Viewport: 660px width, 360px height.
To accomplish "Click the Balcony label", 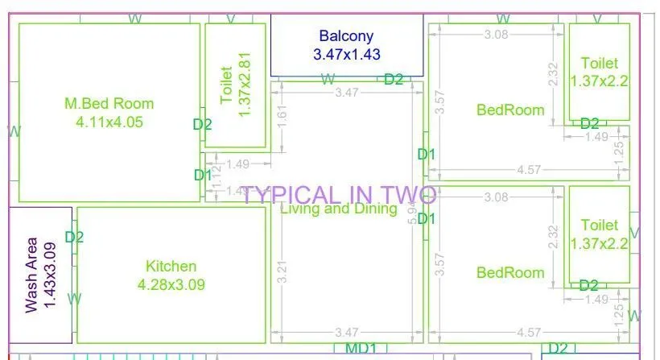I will coord(346,35).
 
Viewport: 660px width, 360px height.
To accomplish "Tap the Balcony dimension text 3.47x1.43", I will coord(346,55).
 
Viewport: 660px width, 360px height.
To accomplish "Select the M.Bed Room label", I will coord(109,103).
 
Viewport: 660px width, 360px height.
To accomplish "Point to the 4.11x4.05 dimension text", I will coord(109,122).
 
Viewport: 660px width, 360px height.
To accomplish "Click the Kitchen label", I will coord(171,266).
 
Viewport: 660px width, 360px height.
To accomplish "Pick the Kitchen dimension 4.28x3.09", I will coord(171,284).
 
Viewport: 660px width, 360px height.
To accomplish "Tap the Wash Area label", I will coord(31,274).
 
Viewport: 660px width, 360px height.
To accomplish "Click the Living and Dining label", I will coord(339,209).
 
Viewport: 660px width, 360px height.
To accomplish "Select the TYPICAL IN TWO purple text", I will coord(339,195).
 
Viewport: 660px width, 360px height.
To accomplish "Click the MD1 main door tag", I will coord(361,348).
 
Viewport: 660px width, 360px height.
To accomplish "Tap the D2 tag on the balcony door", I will coord(394,79).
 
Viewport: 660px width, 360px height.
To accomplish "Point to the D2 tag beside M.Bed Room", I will coord(202,124).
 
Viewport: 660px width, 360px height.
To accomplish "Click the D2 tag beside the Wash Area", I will coord(74,237).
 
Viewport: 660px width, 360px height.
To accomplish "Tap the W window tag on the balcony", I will coord(328,79).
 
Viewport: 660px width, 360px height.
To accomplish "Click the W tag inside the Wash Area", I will coord(74,298).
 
